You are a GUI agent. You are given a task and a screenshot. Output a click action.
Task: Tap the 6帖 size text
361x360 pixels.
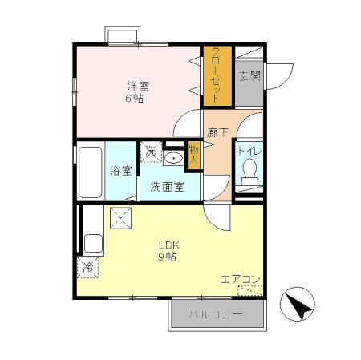(135, 99)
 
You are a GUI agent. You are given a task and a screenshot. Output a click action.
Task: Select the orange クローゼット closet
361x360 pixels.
(216, 75)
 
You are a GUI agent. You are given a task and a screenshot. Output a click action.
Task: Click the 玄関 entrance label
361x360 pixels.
(249, 77)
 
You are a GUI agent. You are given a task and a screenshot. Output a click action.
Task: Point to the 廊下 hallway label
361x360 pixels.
(217, 134)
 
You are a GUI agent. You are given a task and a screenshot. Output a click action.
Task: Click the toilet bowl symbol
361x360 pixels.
(249, 171)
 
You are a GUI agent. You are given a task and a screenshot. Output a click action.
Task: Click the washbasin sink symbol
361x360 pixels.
(172, 157)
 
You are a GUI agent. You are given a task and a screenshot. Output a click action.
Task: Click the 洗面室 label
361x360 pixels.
(167, 187)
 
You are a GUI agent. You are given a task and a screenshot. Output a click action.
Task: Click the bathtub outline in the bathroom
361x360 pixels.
(91, 172)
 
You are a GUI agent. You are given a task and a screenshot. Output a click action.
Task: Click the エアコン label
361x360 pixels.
(241, 280)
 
